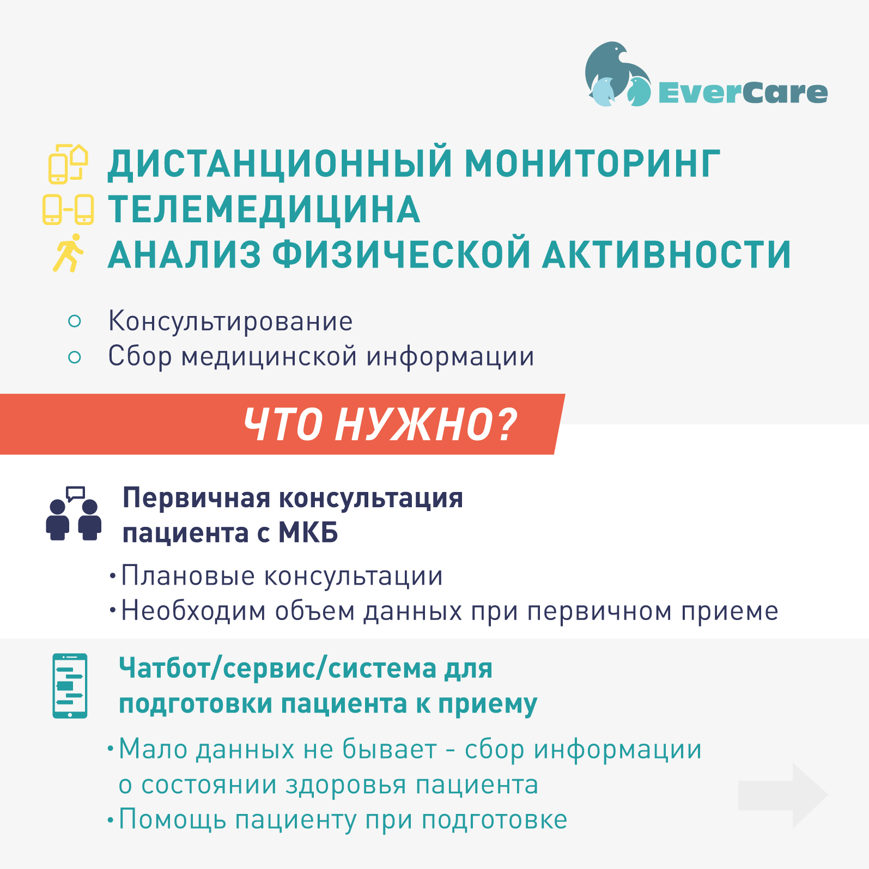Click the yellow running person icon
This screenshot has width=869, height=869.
coord(69,253)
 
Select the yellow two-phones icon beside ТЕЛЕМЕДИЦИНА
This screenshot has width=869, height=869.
coord(68,209)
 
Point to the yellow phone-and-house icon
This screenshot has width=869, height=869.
coord(68,163)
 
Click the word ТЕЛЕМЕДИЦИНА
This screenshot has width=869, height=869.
coord(264,209)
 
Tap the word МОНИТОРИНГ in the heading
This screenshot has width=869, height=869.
coord(592,163)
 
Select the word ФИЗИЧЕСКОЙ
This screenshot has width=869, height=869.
coord(401,254)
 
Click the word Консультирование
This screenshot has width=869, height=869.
coord(230,321)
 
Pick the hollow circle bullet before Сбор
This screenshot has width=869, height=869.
coord(75,357)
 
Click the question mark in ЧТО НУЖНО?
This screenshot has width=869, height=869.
coord(507,424)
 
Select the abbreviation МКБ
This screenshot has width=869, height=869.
coord(308,532)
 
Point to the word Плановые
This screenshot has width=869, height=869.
coord(187,576)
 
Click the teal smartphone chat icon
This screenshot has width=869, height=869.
coord(70,686)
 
